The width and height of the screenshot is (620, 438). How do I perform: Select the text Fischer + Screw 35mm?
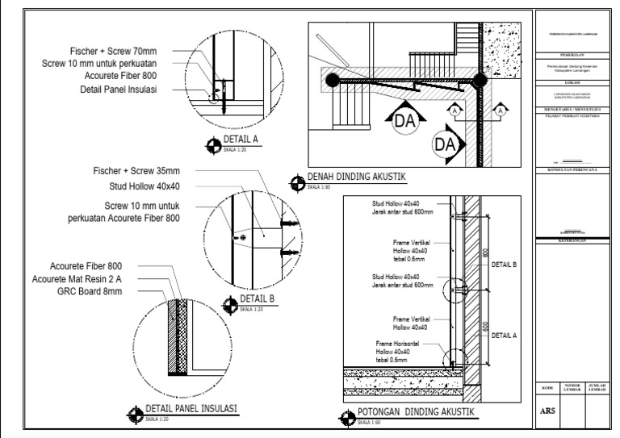[x=136, y=171]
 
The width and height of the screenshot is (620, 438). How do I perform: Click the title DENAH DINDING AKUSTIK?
[x=356, y=177]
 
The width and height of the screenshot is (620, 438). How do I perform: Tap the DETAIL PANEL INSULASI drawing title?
[x=190, y=408]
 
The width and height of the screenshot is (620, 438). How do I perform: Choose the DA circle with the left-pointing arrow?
[x=445, y=145]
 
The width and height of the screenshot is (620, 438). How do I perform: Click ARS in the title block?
[x=547, y=409]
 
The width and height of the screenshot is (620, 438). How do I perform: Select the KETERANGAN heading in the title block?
[x=574, y=240]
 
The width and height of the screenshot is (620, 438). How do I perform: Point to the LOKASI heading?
[x=574, y=83]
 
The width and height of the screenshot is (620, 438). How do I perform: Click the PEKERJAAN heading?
[x=574, y=56]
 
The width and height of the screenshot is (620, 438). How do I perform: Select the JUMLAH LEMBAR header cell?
[x=598, y=388]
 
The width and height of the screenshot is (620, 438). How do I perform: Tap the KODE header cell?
[x=547, y=388]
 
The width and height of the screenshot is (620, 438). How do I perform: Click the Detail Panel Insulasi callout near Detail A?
[x=114, y=89]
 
